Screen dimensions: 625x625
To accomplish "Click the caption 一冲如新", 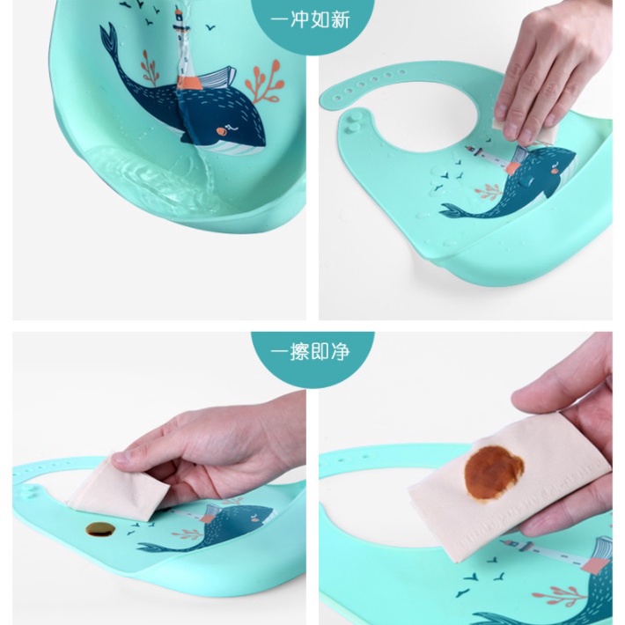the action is (x=310, y=19).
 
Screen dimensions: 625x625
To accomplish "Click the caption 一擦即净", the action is (x=310, y=351).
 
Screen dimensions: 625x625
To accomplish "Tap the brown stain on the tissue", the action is (x=494, y=473).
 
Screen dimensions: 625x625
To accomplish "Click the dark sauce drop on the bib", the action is (x=100, y=529).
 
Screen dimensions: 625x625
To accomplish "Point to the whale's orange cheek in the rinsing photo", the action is (x=220, y=131).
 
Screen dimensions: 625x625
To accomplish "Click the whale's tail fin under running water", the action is (x=108, y=40).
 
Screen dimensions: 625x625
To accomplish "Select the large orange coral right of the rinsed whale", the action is (x=264, y=82).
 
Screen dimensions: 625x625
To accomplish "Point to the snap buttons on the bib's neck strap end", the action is (x=352, y=121).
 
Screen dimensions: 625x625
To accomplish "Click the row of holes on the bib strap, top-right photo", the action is (x=372, y=81).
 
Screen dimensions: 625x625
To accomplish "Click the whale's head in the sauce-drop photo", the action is (x=255, y=518).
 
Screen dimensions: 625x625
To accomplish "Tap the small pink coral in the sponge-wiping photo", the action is (x=489, y=191).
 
